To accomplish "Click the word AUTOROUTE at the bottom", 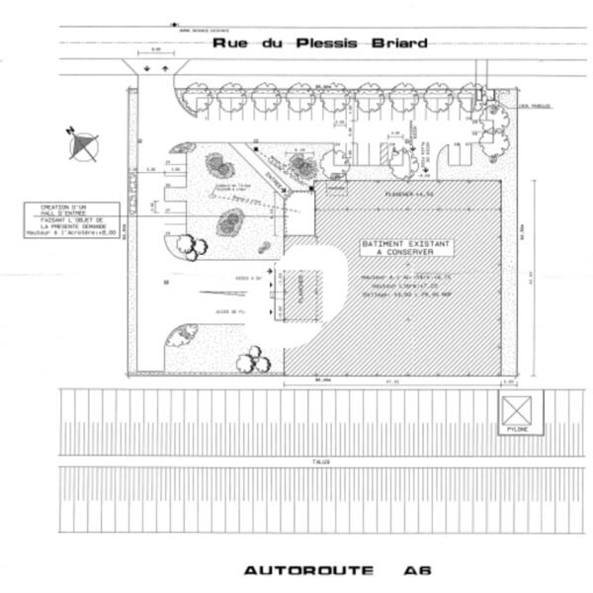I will [288, 570].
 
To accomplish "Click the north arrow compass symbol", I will [83, 144].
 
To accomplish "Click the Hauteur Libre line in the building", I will [395, 286].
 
